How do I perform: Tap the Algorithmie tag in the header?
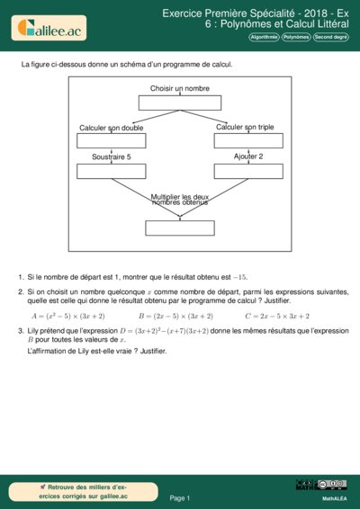pyautogui.click(x=264, y=37)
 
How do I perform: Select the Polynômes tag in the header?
pyautogui.click(x=295, y=37)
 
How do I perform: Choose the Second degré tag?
pyautogui.click(x=329, y=37)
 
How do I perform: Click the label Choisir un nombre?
pyautogui.click(x=180, y=89)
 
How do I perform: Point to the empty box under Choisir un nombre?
pyautogui.click(x=180, y=103)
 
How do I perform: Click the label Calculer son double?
pyautogui.click(x=111, y=128)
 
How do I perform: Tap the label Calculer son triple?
pyautogui.click(x=245, y=127)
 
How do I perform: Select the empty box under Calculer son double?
pyautogui.click(x=111, y=140)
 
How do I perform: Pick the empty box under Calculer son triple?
pyautogui.click(x=247, y=140)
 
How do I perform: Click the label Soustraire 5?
pyautogui.click(x=111, y=157)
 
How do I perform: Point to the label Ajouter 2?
pyautogui.click(x=248, y=156)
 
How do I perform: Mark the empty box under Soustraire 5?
pyautogui.click(x=111, y=171)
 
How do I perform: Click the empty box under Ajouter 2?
pyautogui.click(x=247, y=171)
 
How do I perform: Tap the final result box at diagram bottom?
pyautogui.click(x=180, y=228)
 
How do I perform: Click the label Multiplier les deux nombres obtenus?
pyautogui.click(x=180, y=200)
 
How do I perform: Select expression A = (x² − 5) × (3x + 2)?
pyautogui.click(x=68, y=317)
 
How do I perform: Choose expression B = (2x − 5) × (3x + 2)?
pyautogui.click(x=175, y=317)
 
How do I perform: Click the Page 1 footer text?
pyautogui.click(x=180, y=497)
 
